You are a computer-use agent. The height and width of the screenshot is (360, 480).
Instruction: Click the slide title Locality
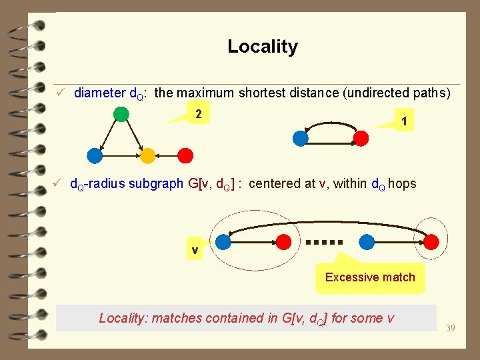click(262, 47)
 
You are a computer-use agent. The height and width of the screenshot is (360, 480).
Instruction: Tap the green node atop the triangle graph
click(121, 113)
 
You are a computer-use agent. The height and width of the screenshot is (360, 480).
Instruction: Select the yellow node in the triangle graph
click(148, 156)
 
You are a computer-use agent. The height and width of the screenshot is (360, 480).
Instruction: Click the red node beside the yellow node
click(185, 156)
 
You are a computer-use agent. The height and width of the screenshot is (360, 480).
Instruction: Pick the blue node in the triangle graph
click(95, 156)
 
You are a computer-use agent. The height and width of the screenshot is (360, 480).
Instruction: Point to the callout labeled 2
click(198, 114)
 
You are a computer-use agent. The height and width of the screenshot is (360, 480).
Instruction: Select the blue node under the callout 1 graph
click(301, 138)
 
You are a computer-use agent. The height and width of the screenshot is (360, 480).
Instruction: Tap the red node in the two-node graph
click(361, 138)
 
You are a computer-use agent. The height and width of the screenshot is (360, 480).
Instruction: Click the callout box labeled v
click(195, 251)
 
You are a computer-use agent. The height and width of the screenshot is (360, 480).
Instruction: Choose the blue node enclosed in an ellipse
click(224, 241)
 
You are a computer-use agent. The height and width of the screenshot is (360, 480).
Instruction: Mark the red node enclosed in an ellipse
click(432, 241)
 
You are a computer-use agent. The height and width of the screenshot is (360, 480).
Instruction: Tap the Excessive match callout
click(370, 277)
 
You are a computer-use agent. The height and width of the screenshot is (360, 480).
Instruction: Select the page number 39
click(451, 327)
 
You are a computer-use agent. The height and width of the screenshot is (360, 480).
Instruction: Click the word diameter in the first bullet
click(99, 93)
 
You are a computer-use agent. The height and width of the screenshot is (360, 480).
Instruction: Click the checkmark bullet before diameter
click(60, 93)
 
